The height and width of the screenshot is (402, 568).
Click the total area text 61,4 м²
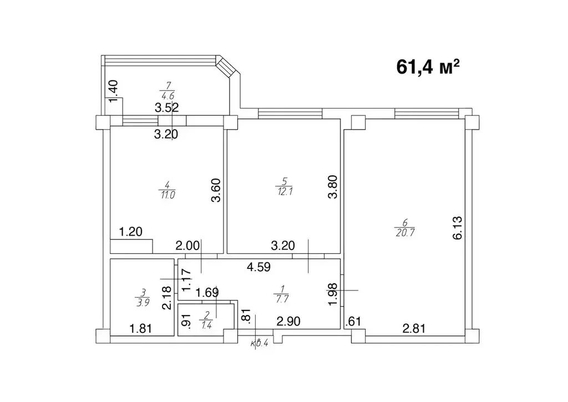pos(428,67)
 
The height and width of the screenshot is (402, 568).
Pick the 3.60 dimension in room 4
pos(217,191)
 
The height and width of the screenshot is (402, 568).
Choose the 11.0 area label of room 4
pos(168,195)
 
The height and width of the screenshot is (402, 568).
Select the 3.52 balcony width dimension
pos(166,108)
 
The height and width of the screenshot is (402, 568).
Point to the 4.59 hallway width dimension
pos(258,267)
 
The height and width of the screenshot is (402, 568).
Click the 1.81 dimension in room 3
pos(141,329)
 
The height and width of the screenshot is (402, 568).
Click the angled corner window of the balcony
pos(227,68)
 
